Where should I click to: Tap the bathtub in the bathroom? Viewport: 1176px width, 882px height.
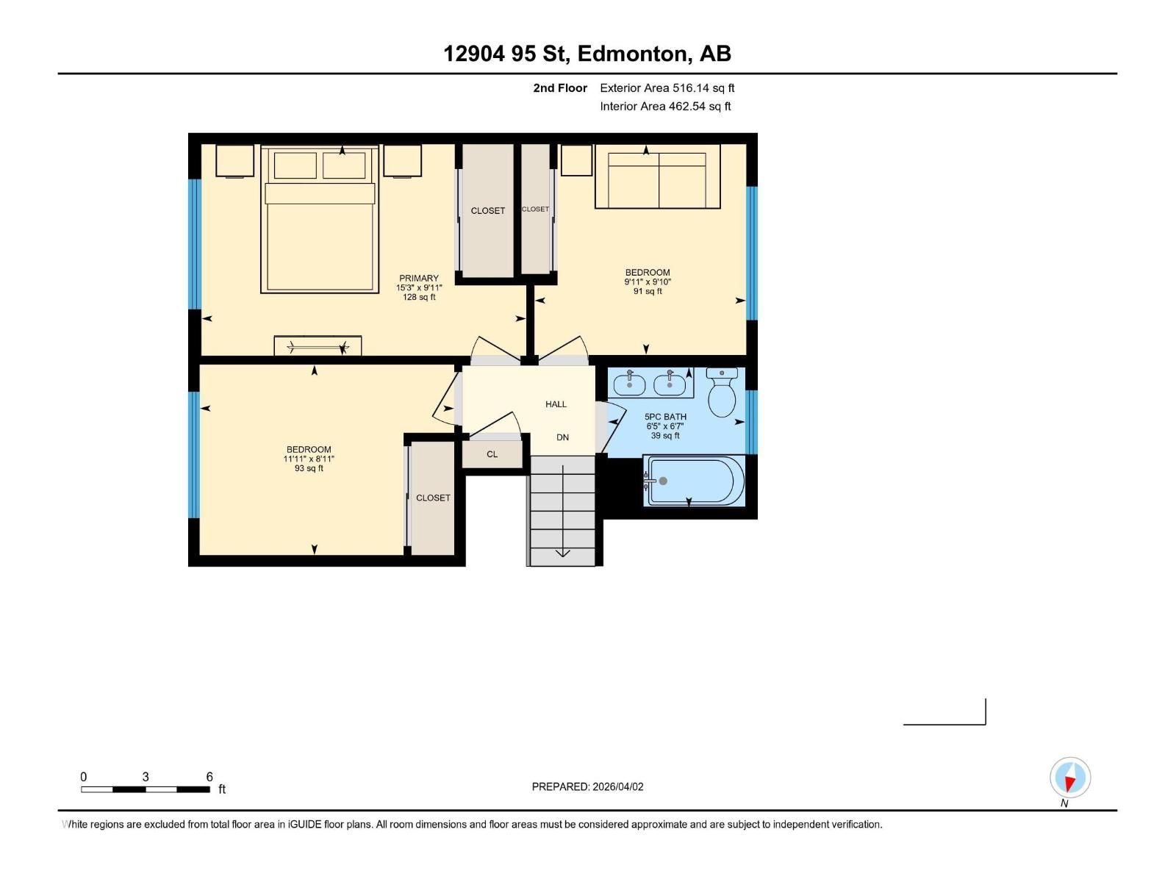click(x=695, y=481)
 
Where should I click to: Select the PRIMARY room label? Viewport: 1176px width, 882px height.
click(x=419, y=279)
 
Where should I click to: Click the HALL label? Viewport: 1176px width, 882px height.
click(x=556, y=404)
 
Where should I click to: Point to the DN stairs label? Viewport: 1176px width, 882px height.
click(x=562, y=437)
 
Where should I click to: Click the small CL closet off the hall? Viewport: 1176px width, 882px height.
click(x=492, y=454)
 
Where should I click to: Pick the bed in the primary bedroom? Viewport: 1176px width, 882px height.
click(x=320, y=220)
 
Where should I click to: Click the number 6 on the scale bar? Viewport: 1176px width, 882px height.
click(x=209, y=777)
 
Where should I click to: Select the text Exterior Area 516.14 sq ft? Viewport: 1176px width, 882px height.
click(x=667, y=88)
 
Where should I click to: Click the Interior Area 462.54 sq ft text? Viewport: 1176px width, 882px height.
click(x=665, y=107)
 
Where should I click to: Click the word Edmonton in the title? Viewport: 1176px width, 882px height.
click(x=633, y=54)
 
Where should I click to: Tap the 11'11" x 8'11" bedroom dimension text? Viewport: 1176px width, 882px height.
click(x=309, y=459)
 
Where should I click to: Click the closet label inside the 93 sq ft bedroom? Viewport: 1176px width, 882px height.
click(x=433, y=498)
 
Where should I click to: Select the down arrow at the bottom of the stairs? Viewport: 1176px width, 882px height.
click(x=562, y=553)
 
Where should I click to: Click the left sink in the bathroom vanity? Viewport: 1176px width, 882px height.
click(x=629, y=384)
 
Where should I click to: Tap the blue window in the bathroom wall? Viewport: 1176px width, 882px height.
click(x=751, y=422)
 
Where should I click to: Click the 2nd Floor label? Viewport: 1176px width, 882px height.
click(x=560, y=88)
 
